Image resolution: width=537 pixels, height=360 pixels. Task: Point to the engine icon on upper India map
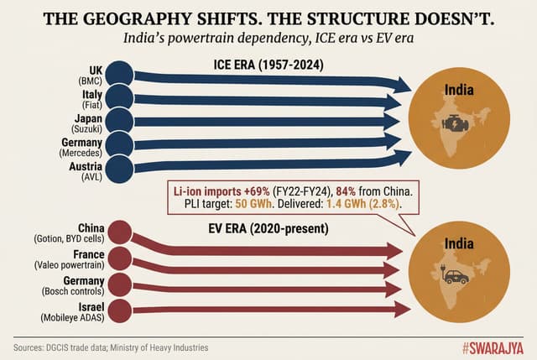pos(459,123)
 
